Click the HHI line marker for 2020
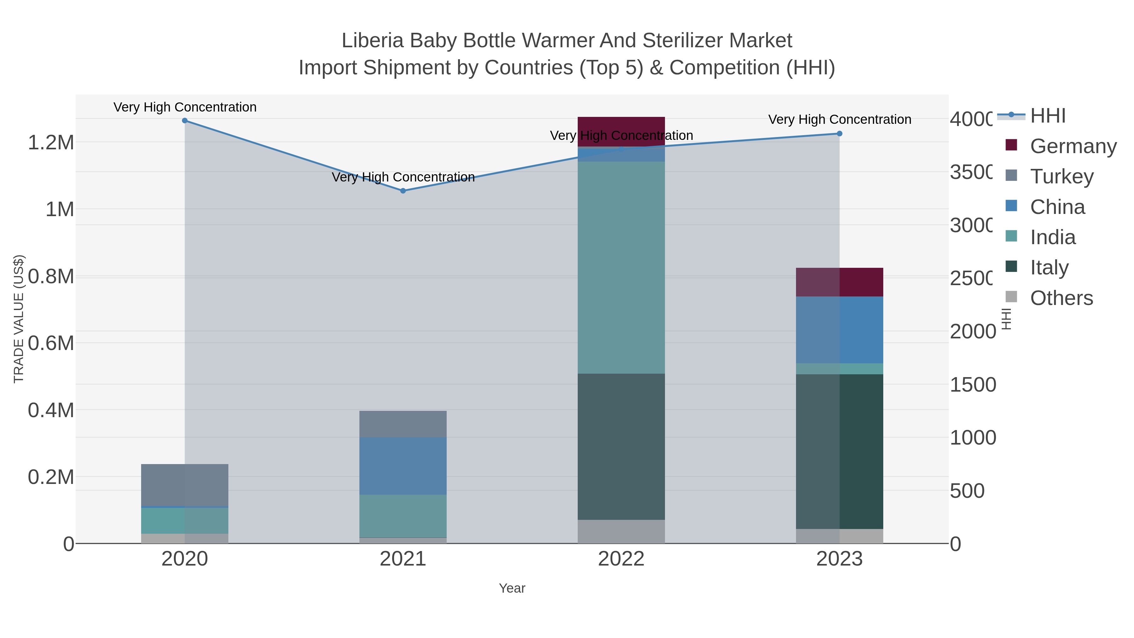(185, 121)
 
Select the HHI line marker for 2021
(403, 191)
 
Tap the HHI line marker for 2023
(839, 133)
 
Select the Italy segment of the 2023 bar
(839, 451)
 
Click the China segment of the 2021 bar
(403, 466)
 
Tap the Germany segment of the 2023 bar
(839, 282)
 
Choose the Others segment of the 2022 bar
(621, 532)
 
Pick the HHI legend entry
(1048, 115)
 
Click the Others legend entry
(1061, 298)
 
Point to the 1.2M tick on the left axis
(51, 142)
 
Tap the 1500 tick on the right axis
(972, 384)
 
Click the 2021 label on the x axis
(403, 559)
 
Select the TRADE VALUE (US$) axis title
(19, 319)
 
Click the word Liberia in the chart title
(372, 41)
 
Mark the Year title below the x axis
(512, 588)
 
